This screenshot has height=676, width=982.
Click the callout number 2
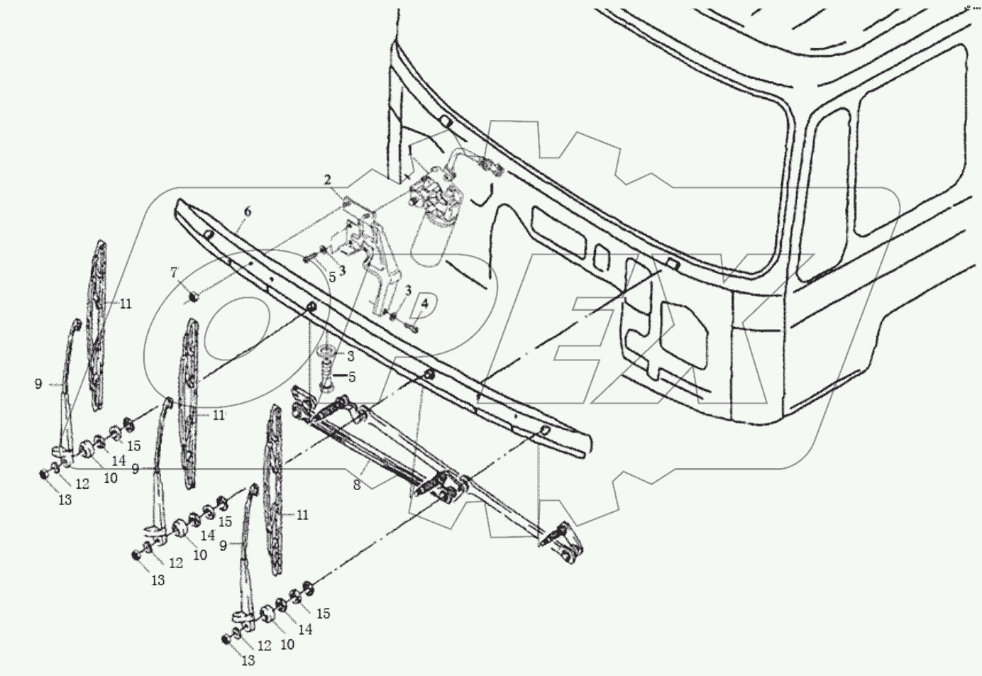[x=328, y=180]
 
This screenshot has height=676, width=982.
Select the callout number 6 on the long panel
[x=247, y=211]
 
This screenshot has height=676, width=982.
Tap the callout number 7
[x=173, y=272]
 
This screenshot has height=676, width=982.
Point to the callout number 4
[x=424, y=304]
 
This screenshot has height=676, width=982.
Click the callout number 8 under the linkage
[x=357, y=486]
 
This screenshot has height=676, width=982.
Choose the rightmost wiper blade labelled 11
[x=274, y=489]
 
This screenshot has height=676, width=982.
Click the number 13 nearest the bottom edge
[x=246, y=661]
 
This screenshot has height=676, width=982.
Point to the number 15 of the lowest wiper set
[x=323, y=614]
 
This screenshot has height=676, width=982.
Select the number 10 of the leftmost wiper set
[x=110, y=478]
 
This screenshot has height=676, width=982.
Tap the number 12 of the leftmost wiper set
[x=82, y=484]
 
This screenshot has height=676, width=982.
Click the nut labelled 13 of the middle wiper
[x=136, y=555]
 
